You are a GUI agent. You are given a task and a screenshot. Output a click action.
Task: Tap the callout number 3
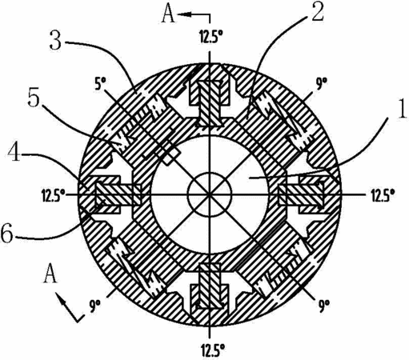[x=55, y=40]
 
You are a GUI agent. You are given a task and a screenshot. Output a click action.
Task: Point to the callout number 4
[x=14, y=153]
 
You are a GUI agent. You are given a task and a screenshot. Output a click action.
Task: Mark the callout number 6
[x=6, y=233]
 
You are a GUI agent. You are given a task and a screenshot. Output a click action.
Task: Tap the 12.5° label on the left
[x=54, y=196]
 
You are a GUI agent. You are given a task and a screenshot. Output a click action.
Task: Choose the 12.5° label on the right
[x=383, y=196]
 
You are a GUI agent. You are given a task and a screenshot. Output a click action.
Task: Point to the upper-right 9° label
[x=323, y=85]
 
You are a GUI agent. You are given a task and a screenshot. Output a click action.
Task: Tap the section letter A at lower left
[x=50, y=274]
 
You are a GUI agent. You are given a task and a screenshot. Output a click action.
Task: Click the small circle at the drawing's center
[x=210, y=194]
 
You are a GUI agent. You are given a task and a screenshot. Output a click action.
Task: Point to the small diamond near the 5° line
[x=170, y=156]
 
